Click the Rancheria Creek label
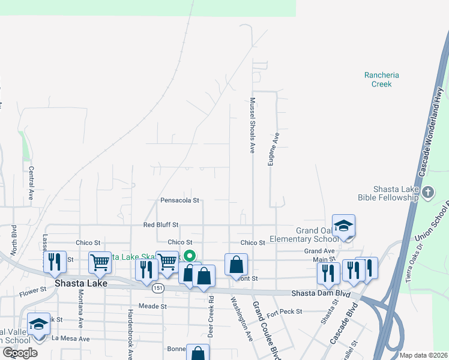coord(381,79)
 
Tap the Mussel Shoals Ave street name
coord(253,125)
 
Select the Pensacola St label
coord(179,200)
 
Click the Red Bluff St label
coord(161,225)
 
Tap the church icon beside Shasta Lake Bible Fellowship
coord(427,193)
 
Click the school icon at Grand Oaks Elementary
coord(343,226)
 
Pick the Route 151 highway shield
coord(157,288)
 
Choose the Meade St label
coord(152,306)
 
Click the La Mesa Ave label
coord(70,339)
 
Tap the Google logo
coord(20,353)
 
